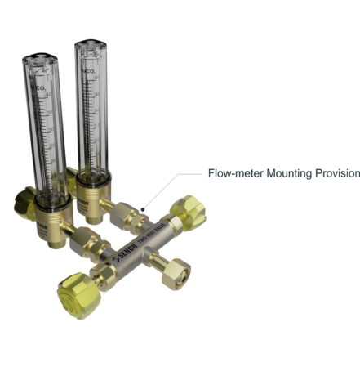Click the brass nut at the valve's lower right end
(174, 275)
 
